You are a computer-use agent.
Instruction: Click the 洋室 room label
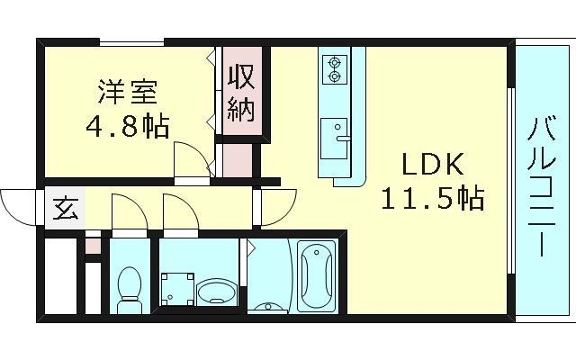pyautogui.click(x=128, y=92)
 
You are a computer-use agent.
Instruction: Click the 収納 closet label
pyautogui.click(x=240, y=93)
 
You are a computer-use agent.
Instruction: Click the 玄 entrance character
pyautogui.click(x=64, y=210)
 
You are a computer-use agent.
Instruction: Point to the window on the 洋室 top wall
pyautogui.click(x=131, y=41)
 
